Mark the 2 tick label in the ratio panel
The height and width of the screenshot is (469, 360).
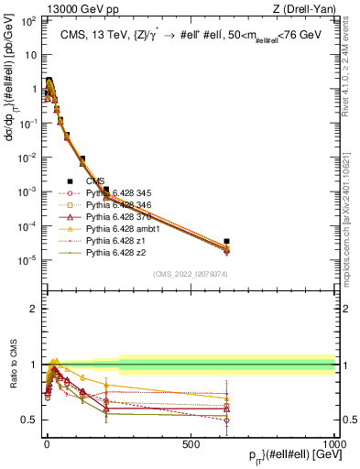[35, 309]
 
